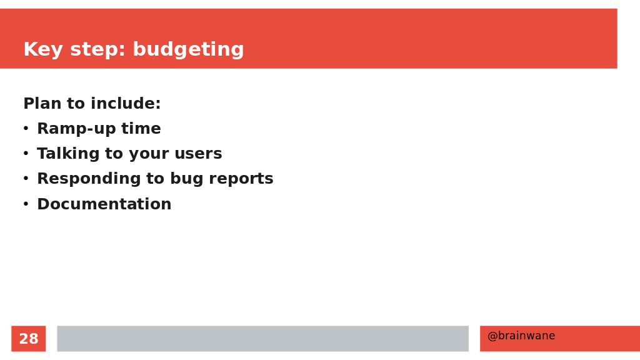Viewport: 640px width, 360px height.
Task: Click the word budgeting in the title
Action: (x=188, y=50)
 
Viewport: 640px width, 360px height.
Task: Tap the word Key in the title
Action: (x=43, y=50)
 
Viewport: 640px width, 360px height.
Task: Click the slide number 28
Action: (x=29, y=339)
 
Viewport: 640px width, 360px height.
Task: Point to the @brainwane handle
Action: (x=521, y=336)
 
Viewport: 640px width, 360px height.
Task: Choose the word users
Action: (x=198, y=154)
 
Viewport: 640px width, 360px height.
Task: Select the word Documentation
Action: (x=104, y=204)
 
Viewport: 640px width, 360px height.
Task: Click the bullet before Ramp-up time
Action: (x=26, y=129)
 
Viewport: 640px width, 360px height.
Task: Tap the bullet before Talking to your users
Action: (x=26, y=154)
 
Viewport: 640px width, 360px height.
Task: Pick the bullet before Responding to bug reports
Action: (x=26, y=179)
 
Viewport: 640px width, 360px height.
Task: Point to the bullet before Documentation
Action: (x=26, y=204)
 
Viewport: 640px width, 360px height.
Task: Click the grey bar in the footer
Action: (x=263, y=338)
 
